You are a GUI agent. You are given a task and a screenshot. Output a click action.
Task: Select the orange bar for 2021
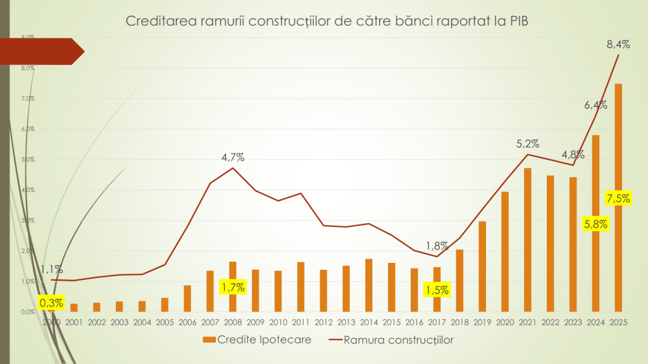point(527,240)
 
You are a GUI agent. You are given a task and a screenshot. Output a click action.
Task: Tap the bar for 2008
point(233,272)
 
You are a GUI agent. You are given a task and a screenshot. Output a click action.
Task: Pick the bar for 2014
point(369,285)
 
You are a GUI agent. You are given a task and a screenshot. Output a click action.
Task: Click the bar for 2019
point(482,266)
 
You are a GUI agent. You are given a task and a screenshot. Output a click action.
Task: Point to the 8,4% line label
point(618,44)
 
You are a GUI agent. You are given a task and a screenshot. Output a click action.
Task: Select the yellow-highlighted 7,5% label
point(618,198)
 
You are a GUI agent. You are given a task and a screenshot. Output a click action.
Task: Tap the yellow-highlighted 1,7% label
point(232,288)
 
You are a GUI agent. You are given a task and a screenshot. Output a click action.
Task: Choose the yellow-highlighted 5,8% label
point(595,224)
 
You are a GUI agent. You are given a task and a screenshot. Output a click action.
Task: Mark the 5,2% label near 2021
point(527,143)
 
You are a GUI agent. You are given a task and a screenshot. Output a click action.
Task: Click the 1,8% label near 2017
point(437,245)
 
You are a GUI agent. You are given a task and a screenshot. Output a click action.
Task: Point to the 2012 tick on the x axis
point(323,323)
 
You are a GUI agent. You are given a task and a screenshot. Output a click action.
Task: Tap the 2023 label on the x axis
point(573,323)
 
